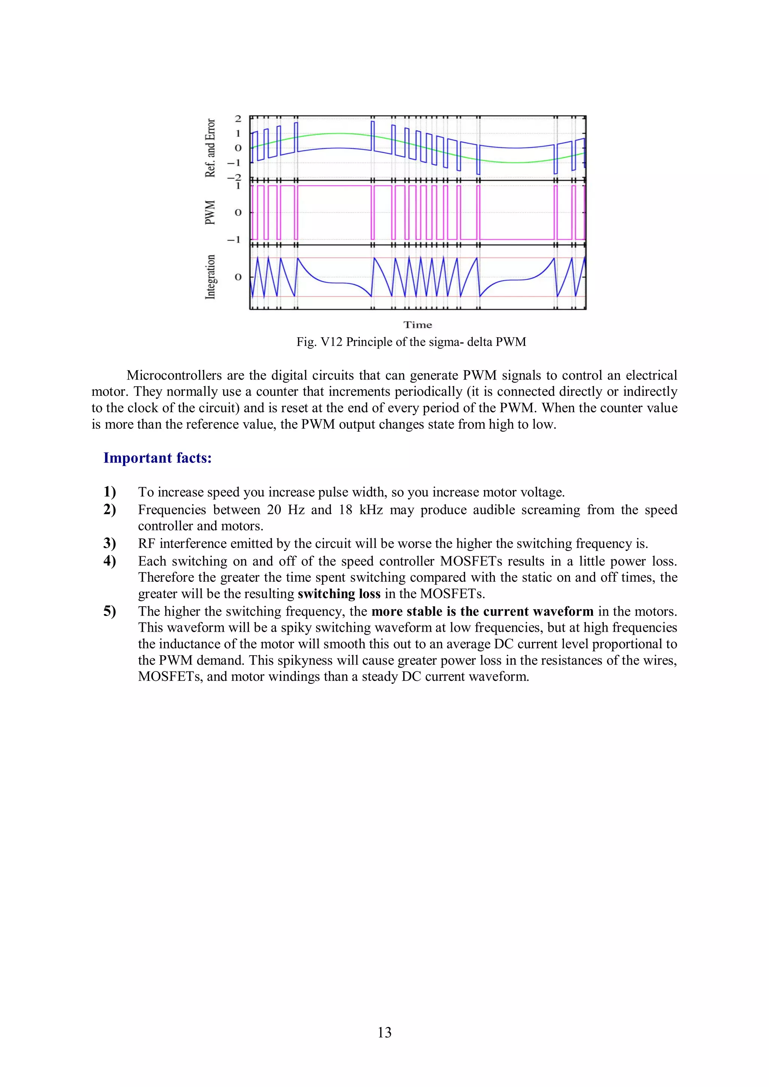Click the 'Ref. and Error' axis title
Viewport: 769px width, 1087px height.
click(x=210, y=148)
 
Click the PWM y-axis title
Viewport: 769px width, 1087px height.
click(x=210, y=213)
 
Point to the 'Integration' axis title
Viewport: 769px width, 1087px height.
click(x=210, y=277)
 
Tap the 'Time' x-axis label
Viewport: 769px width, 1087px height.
click(x=418, y=325)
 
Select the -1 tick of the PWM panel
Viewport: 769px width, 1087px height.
click(x=235, y=240)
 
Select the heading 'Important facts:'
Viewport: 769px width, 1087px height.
click(x=157, y=458)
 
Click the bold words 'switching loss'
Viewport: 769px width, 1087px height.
click(x=339, y=594)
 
